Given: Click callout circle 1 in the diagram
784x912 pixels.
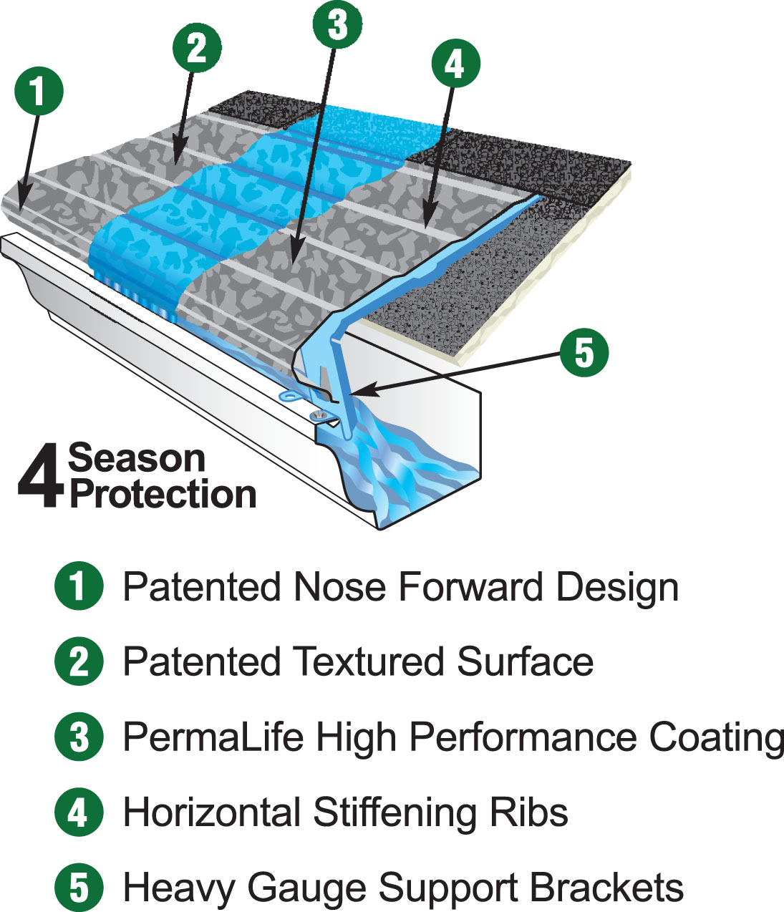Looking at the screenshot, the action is coord(39,91).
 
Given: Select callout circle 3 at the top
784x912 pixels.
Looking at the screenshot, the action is coord(337,24).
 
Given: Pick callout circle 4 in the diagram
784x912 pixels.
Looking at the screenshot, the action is coord(455,64).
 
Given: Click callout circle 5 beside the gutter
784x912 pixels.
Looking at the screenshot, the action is coord(584,352).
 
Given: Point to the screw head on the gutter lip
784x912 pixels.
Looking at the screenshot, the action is coord(318,414).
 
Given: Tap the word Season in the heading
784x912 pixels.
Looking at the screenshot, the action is coord(137,458).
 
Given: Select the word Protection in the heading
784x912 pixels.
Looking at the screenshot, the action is coord(163,494).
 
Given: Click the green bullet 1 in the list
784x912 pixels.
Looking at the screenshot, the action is coord(79,586).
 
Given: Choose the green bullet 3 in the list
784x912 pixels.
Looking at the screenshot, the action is coord(79,736).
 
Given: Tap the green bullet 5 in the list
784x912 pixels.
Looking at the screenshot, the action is coord(79,887).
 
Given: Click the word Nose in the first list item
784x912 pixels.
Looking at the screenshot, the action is coord(340,587).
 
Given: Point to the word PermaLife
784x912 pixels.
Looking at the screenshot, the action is coord(213,737).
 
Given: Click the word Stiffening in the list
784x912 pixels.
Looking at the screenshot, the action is coord(395,812).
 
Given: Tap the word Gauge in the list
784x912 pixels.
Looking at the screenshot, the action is coord(307,888).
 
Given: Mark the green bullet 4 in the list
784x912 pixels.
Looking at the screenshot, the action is coord(79,811).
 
